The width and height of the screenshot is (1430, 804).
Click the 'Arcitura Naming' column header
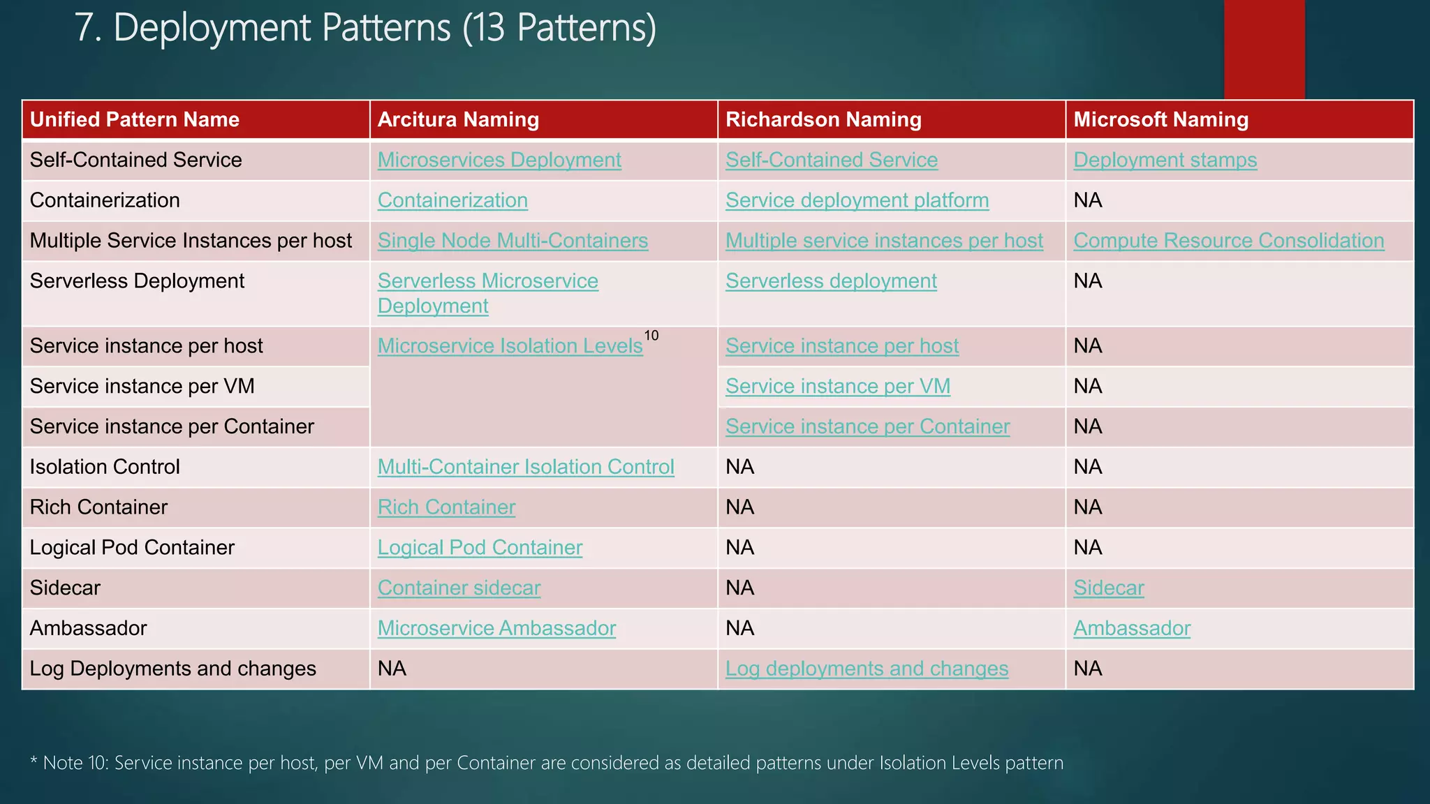pos(458,119)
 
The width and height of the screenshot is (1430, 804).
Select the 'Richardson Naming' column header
pos(823,119)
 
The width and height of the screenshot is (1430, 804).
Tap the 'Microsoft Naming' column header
pos(1160,119)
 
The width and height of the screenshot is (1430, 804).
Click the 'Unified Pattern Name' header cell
pos(135,119)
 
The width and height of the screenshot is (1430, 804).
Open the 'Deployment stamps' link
pos(1165,160)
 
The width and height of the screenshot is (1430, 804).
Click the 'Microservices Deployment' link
pos(499,160)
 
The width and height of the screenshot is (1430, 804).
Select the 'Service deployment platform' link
pos(857,200)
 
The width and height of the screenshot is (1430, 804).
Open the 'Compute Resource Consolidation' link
pos(1228,241)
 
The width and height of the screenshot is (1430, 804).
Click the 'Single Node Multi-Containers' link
pos(513,241)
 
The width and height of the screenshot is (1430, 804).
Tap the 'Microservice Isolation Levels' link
pos(510,346)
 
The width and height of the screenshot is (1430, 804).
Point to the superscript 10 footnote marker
pos(651,336)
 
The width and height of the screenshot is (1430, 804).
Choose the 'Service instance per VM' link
pos(838,386)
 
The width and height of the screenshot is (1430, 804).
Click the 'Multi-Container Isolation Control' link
pos(526,467)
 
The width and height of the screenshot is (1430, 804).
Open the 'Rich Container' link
pos(446,507)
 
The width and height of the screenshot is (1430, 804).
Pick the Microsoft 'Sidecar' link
pos(1108,588)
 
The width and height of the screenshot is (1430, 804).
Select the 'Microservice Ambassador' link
pos(496,628)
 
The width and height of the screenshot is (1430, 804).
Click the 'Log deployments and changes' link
pos(867,669)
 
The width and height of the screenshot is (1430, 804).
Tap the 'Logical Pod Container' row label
pos(132,547)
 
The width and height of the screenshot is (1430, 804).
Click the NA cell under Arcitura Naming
pos(392,669)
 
